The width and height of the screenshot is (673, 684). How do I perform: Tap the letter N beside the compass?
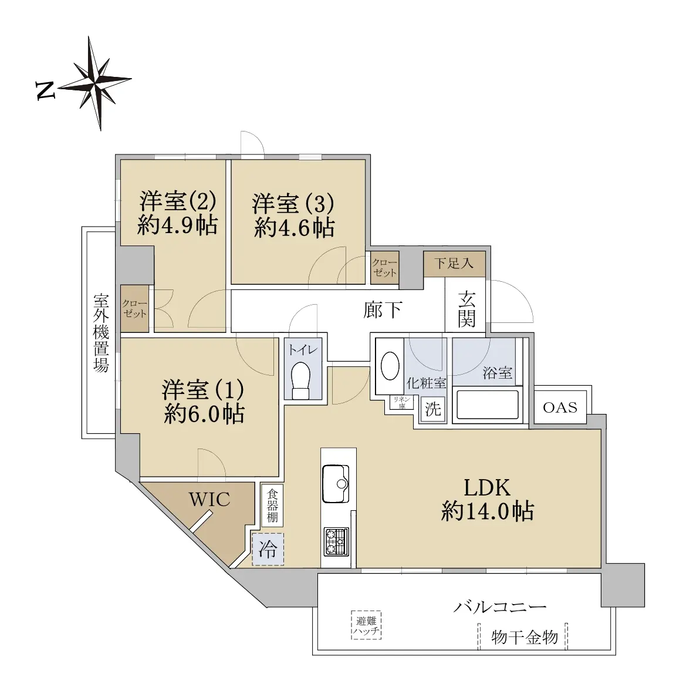(45, 90)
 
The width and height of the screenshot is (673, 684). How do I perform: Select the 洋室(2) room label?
(177, 201)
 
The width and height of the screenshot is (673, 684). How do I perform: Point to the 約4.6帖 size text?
(294, 228)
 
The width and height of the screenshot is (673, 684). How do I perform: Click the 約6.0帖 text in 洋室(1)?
(204, 413)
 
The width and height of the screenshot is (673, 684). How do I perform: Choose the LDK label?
(487, 487)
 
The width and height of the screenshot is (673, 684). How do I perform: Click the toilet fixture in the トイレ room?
(300, 380)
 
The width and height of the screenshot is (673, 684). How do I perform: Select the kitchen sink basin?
(335, 484)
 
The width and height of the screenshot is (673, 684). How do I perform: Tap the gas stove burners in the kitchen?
(336, 541)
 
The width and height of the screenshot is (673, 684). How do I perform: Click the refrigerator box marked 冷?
(268, 549)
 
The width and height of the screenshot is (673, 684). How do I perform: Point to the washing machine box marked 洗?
(433, 409)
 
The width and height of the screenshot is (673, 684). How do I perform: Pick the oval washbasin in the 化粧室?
(390, 366)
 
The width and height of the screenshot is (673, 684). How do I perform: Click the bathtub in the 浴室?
(487, 405)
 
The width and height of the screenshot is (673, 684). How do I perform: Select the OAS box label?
(560, 407)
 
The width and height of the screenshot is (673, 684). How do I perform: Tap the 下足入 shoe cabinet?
(454, 264)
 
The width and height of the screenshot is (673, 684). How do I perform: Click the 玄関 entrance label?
(466, 309)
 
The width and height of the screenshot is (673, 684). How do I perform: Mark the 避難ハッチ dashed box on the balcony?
(366, 625)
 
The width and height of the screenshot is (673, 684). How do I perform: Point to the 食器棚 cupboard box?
(272, 506)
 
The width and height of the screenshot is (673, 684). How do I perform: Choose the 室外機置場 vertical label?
(101, 333)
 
